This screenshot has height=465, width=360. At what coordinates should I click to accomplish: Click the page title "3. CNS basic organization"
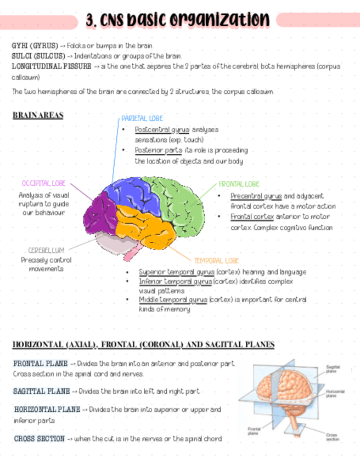coord(178,20)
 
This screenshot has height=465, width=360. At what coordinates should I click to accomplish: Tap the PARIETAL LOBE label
coord(142,118)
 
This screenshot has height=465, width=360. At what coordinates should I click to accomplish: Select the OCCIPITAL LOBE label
coord(44,183)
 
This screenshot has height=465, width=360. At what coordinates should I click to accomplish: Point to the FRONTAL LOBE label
coord(239,184)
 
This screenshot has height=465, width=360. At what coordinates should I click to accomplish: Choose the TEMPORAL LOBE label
coord(217,261)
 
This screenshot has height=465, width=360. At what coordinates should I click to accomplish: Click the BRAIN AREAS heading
coord(37,116)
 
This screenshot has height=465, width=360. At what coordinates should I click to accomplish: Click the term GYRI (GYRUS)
coord(34,45)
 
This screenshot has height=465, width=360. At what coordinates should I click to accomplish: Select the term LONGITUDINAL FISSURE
coord(51,66)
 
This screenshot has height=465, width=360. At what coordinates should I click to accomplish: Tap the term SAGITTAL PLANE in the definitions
coord(41,392)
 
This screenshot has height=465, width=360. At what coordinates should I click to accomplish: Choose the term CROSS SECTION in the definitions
coord(39,439)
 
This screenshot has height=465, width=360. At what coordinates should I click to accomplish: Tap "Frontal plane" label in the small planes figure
coord(254,430)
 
